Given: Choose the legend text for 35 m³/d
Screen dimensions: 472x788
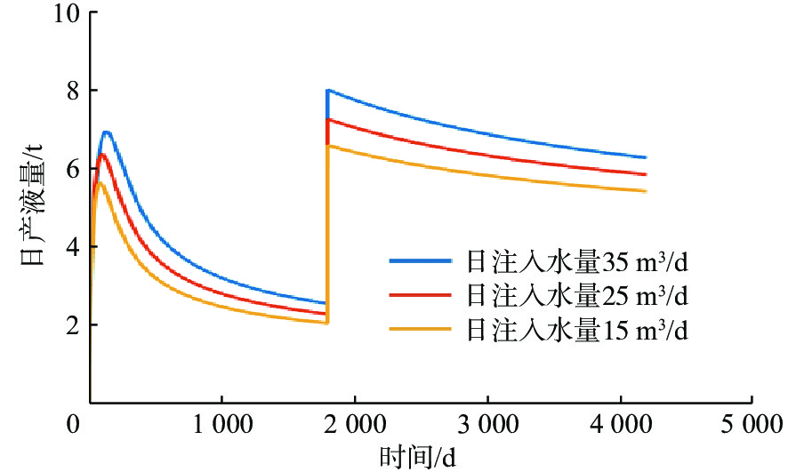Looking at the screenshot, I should click(x=578, y=262).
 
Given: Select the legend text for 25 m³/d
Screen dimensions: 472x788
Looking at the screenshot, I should click(x=578, y=295).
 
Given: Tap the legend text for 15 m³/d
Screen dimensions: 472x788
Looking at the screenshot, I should click(x=578, y=330).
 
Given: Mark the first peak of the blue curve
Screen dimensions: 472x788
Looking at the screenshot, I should click(x=107, y=132).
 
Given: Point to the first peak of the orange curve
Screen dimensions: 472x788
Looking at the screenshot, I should click(x=100, y=183).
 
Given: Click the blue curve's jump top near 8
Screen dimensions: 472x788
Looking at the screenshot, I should click(x=328, y=91).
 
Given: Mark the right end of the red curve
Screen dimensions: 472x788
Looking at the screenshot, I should click(x=645, y=174).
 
